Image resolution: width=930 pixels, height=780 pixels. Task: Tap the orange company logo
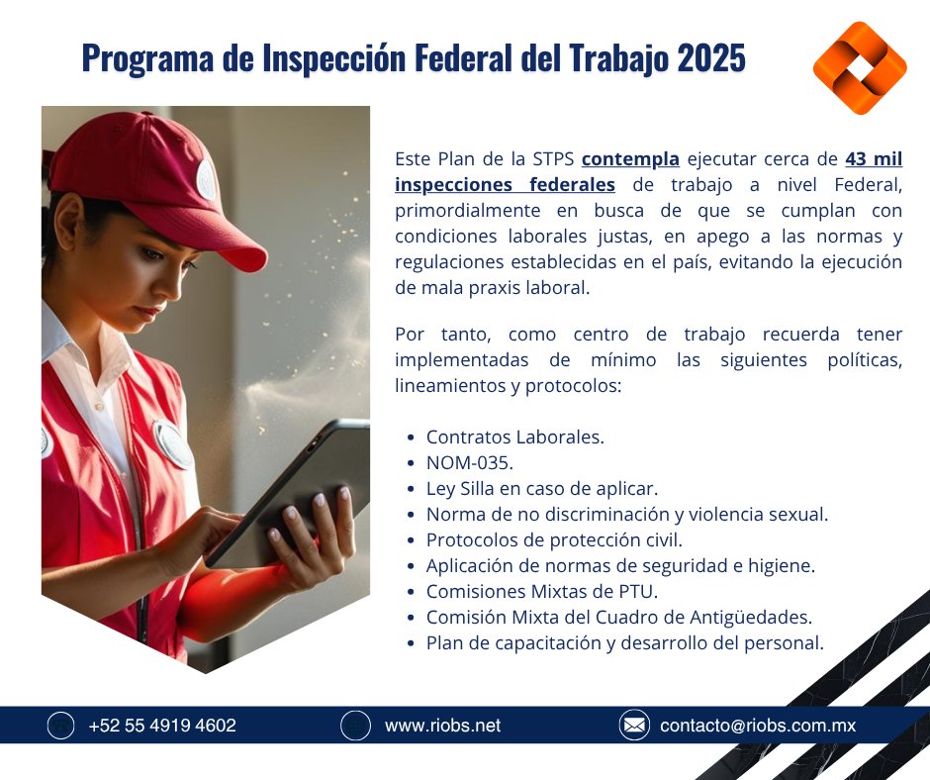[859, 68]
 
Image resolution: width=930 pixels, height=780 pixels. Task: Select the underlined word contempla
[630, 158]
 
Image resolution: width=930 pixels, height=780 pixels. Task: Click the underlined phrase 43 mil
[874, 158]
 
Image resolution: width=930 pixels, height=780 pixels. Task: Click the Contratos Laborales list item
[514, 437]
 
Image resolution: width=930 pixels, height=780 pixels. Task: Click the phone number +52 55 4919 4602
[162, 726]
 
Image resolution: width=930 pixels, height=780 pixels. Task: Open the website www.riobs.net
[442, 726]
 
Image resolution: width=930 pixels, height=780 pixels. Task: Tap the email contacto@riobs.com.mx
[757, 726]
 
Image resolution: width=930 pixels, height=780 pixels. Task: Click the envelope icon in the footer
[634, 726]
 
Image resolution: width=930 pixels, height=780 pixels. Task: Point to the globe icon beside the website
[355, 726]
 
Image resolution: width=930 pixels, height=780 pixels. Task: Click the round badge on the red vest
[174, 444]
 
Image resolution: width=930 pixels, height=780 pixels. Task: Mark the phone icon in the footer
[61, 726]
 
